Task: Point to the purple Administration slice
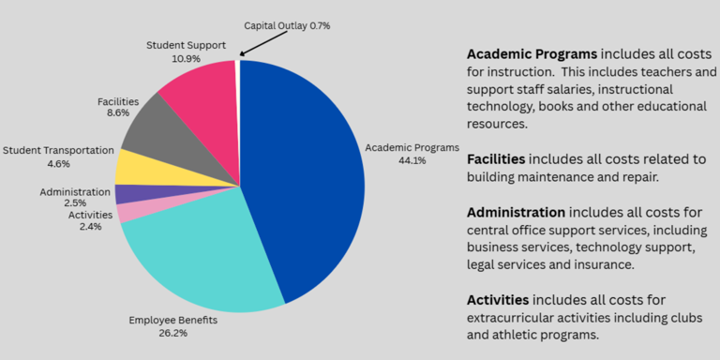click(x=126, y=194)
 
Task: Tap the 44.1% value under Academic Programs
click(x=412, y=160)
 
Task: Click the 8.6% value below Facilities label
click(x=118, y=114)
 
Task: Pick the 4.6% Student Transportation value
click(x=59, y=163)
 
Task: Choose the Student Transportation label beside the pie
click(x=58, y=150)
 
